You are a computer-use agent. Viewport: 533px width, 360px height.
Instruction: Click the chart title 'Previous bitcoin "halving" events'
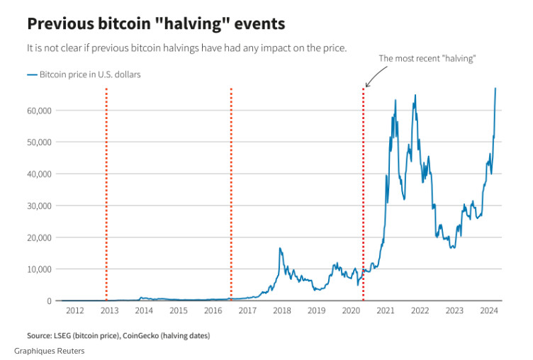[156, 23]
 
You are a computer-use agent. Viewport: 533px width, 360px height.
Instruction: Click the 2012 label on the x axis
[74, 311]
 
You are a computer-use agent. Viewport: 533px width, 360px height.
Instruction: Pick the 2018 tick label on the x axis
[281, 311]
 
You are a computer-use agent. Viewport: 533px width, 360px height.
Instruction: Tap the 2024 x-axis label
[488, 311]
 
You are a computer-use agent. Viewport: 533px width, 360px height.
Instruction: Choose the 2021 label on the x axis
[385, 311]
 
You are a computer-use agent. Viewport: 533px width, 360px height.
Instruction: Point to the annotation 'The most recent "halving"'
[427, 59]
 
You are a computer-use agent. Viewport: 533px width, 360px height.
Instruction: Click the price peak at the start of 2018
[281, 248]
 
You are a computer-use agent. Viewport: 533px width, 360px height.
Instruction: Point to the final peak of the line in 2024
[495, 89]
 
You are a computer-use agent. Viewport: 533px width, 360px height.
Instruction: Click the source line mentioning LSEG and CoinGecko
[118, 335]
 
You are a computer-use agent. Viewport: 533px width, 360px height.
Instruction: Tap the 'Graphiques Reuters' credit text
[48, 351]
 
